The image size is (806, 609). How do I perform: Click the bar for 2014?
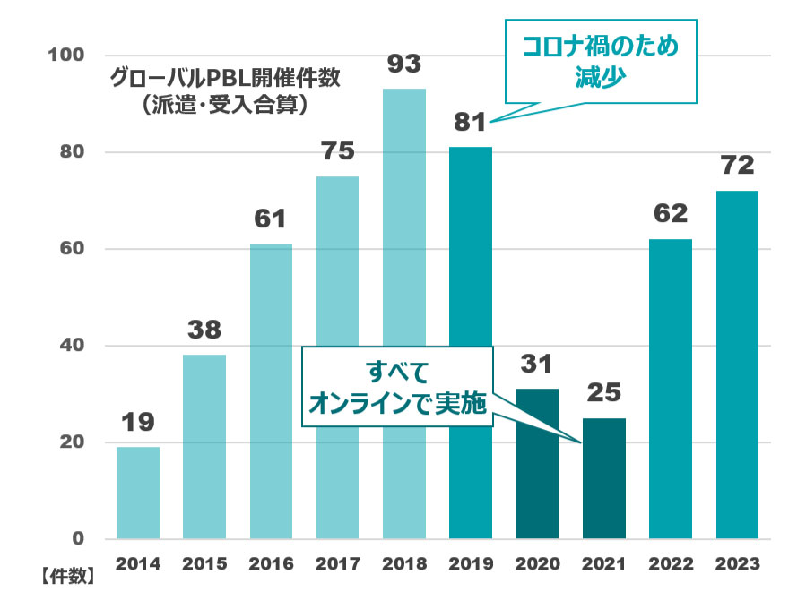(138, 493)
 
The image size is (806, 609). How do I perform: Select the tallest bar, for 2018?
(404, 313)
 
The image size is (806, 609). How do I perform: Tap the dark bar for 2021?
(604, 478)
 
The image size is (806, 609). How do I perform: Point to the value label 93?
(404, 65)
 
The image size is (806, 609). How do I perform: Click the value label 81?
(471, 123)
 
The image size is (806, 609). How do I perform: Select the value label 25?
(604, 393)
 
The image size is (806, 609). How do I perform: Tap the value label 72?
(736, 167)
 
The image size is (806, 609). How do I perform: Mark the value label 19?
(138, 422)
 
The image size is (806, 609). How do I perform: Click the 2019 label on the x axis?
(471, 564)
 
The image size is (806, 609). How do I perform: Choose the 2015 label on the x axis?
(204, 564)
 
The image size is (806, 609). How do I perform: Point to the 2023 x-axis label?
(737, 564)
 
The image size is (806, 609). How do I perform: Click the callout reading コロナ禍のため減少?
(600, 60)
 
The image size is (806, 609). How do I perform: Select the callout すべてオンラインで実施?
(398, 387)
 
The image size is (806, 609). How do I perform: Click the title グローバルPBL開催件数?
(225, 78)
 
